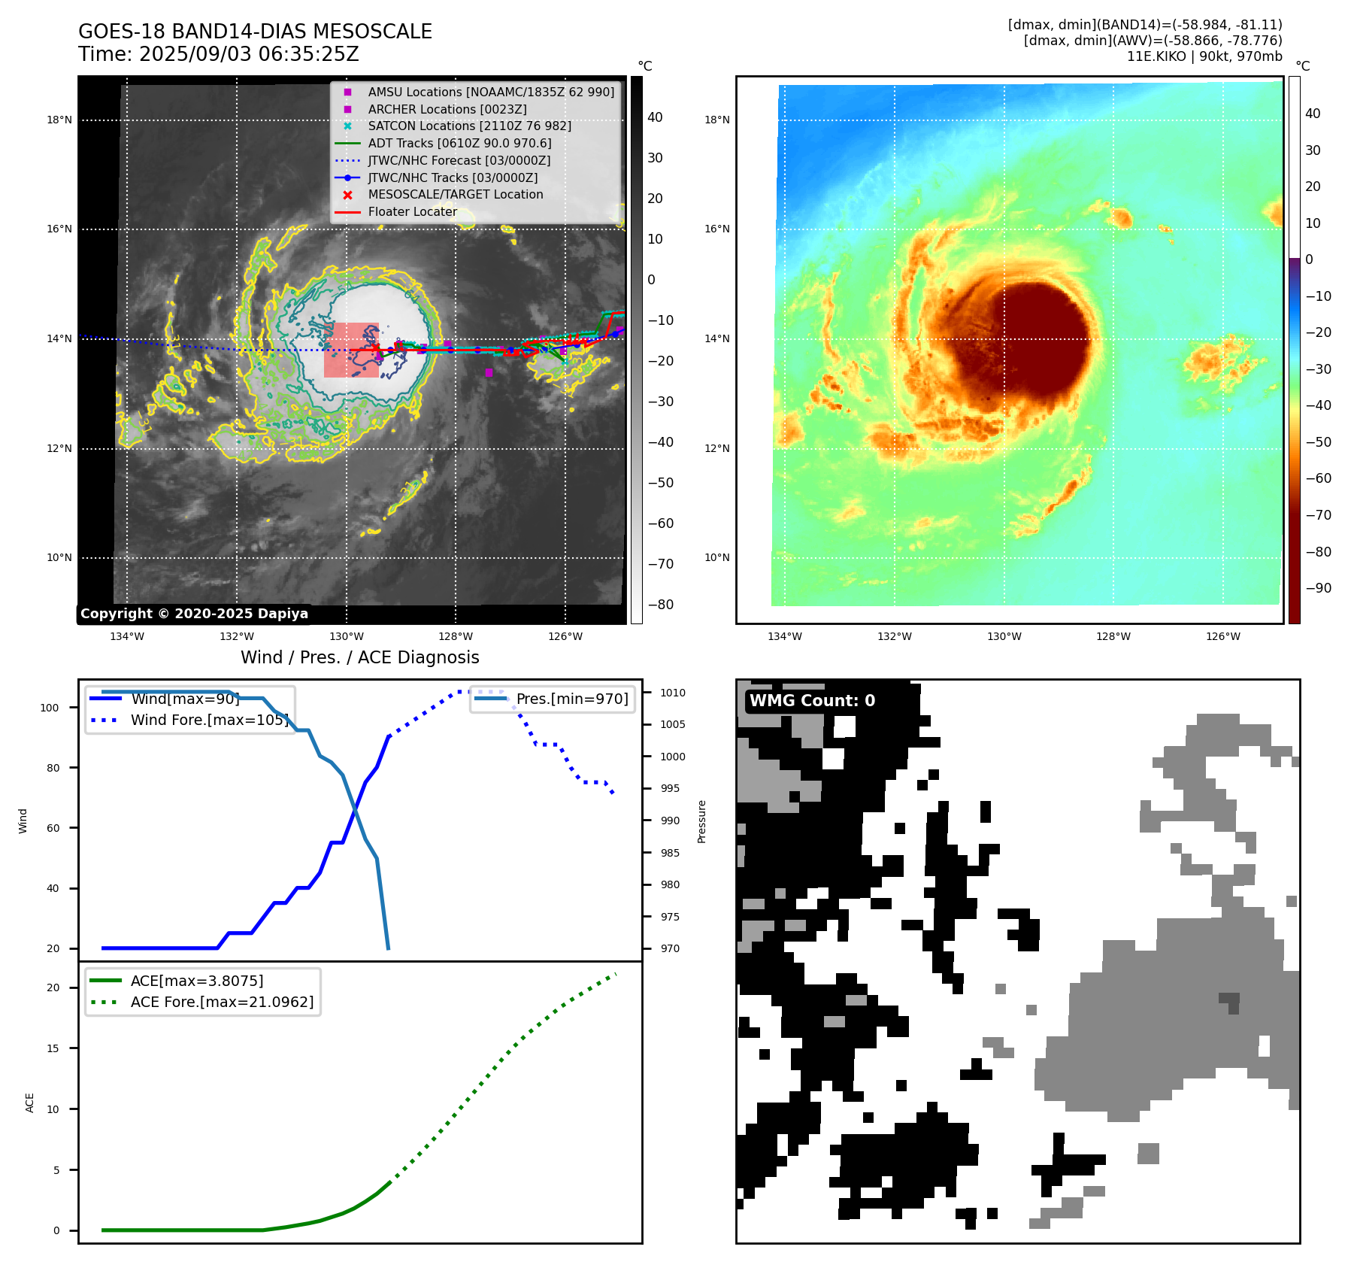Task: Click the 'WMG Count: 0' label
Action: point(812,700)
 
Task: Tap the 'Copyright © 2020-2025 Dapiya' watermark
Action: point(194,614)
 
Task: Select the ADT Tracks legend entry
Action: point(459,143)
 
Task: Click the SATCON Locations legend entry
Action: point(469,126)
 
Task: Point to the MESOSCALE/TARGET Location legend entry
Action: point(455,194)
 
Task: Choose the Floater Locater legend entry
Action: point(412,211)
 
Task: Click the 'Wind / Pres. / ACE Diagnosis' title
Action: point(359,657)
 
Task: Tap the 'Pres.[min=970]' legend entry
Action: point(571,699)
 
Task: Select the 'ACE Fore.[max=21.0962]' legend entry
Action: point(222,1002)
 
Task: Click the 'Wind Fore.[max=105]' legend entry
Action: point(209,720)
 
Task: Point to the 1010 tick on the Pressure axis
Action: point(673,693)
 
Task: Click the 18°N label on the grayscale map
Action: point(59,120)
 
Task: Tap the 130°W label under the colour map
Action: point(1004,636)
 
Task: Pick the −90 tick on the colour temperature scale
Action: point(1318,588)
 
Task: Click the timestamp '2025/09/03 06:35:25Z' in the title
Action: point(249,54)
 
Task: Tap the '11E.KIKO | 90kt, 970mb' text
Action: point(1204,56)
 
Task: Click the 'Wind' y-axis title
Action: point(23,821)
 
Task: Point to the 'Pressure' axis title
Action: point(702,821)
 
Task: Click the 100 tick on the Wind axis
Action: point(50,708)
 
